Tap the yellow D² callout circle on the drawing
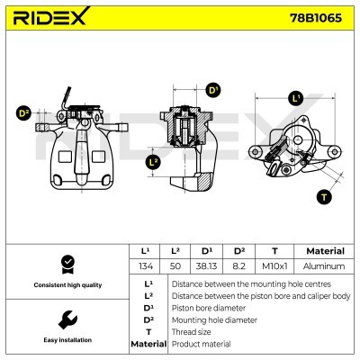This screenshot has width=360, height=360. coord(24,113)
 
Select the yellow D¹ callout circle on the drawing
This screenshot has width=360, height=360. coord(213,90)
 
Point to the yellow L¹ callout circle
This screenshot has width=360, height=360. coord(295,98)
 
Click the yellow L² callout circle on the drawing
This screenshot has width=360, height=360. coord(153,162)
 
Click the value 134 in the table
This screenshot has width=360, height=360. coord(145,266)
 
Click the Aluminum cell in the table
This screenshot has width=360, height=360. coord(325,266)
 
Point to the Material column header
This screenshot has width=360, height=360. coord(325,251)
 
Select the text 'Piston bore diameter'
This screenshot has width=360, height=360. coord(207,307)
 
